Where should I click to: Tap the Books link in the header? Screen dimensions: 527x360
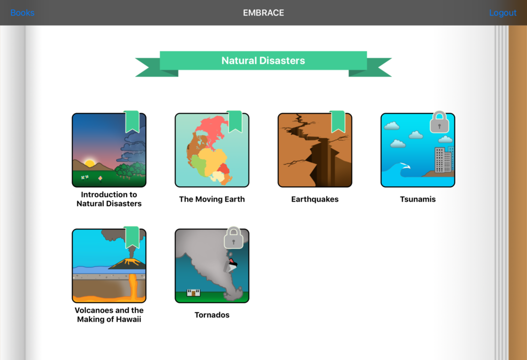22,13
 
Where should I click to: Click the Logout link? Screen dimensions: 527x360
502,13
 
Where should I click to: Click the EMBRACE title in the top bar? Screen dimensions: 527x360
263,13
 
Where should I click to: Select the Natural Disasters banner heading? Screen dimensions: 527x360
263,61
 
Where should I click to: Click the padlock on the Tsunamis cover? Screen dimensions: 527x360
440,122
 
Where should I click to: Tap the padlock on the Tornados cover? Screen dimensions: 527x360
234,238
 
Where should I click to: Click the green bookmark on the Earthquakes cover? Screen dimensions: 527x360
338,121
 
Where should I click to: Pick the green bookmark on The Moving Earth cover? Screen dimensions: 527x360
235,121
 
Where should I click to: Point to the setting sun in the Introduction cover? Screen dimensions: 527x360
90,163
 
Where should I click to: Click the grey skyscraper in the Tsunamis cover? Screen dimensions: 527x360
443,160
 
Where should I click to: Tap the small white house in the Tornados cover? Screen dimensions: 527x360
194,293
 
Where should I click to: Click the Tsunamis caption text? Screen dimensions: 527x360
418,199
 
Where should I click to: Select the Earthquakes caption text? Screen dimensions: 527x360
315,199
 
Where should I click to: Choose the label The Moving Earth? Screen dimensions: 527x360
212,199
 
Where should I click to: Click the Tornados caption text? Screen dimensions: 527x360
212,315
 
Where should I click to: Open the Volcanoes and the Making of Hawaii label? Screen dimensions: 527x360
109,315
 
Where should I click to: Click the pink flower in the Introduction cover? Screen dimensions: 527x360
100,178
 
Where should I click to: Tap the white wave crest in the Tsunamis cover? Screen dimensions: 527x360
405,166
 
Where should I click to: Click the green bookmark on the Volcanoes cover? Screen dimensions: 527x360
132,237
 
